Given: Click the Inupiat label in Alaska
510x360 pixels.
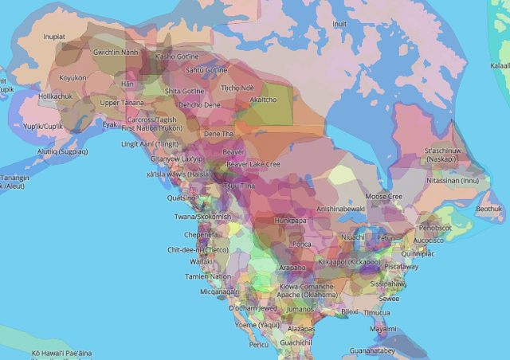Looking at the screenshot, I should point(54,36).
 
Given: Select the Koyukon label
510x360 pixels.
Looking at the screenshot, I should point(73,78).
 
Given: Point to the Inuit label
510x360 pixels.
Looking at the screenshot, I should point(340,25).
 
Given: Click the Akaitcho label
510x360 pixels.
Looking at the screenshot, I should point(263,100).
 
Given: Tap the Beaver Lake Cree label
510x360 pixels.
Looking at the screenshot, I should point(253,164).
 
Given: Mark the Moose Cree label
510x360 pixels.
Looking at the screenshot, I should point(383,196).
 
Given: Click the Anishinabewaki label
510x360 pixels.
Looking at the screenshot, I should point(340,209).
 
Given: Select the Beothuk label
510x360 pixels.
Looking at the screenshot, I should point(489,209).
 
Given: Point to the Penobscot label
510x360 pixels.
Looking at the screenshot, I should point(436,228).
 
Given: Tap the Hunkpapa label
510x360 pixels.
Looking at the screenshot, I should point(290,221).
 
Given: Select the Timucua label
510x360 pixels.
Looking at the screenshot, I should point(377,313).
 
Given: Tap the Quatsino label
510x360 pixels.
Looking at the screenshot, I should point(182,198).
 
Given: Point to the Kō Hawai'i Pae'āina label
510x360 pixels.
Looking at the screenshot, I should point(61,352).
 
